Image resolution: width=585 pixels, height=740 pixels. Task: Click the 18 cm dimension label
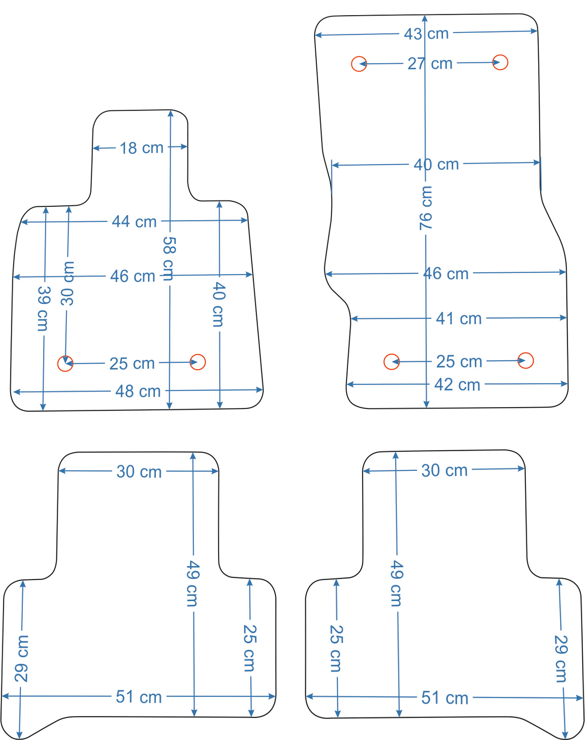[x=141, y=148]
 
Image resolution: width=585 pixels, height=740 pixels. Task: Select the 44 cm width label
[x=134, y=221]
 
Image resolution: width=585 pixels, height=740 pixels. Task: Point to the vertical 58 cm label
[x=169, y=259]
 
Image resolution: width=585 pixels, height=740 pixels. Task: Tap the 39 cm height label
[x=44, y=309]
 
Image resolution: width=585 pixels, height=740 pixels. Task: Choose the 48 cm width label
[x=138, y=392]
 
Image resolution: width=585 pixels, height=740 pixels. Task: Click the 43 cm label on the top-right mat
[x=426, y=34]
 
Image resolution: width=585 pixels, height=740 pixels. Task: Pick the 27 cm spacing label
[x=430, y=64]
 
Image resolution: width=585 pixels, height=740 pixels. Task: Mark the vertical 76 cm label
[x=426, y=208]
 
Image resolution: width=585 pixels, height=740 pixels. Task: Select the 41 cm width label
[x=459, y=319]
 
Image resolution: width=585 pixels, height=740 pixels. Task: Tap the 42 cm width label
[x=457, y=385]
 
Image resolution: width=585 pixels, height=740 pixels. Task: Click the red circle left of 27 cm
[x=359, y=64]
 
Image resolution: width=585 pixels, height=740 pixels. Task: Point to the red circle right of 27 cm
[x=500, y=62]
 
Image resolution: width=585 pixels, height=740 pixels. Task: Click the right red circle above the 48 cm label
[x=198, y=362]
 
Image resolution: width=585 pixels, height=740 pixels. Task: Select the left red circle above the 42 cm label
[x=392, y=362]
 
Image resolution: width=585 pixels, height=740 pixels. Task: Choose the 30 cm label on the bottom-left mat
[x=139, y=472]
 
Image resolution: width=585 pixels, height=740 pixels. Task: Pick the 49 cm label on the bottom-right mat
[x=397, y=584]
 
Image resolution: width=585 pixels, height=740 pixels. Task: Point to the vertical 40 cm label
[x=218, y=304]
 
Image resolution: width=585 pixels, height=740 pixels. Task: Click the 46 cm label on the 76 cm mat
[x=446, y=274]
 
